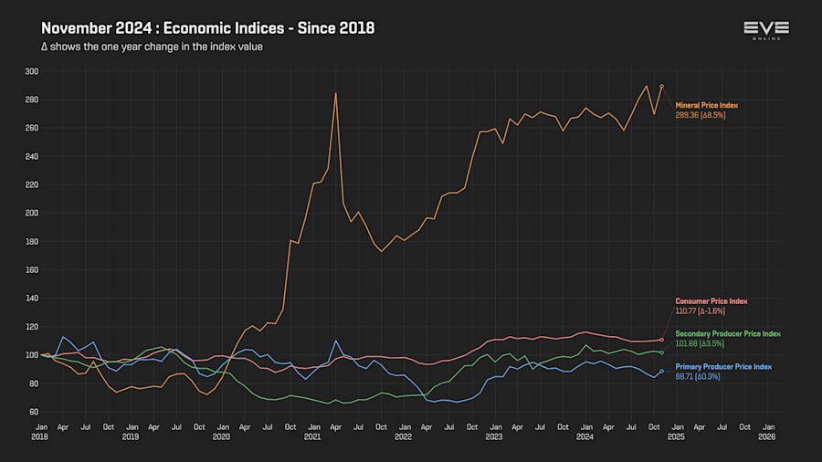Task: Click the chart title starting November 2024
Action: [207, 28]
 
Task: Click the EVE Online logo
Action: [765, 31]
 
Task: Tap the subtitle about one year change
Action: [153, 47]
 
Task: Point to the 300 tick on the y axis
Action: [32, 71]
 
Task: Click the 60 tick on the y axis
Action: [34, 412]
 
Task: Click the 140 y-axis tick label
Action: [32, 299]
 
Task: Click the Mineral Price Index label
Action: [706, 106]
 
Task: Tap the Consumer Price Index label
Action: [711, 301]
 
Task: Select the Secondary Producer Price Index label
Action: [728, 334]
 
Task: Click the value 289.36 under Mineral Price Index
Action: [688, 116]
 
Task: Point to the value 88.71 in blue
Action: [687, 375]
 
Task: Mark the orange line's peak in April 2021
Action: [336, 92]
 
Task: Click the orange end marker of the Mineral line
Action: [661, 87]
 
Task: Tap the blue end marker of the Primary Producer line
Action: [661, 371]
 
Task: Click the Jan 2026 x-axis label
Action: [768, 431]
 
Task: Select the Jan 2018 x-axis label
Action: [41, 431]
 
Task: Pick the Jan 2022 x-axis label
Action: [404, 431]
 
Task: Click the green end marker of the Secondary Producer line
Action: [661, 352]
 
